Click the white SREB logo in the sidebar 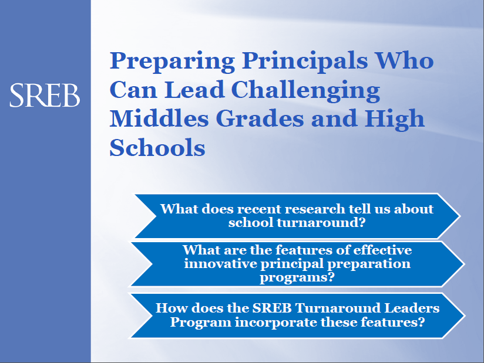coord(45,95)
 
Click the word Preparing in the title coord(172,62)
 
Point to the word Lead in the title coord(194,89)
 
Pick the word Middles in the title coord(159,118)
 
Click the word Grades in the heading coord(260,118)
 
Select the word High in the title coord(395,120)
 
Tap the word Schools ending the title coord(157,148)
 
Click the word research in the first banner coord(314,209)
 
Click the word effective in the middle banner coord(382,250)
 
